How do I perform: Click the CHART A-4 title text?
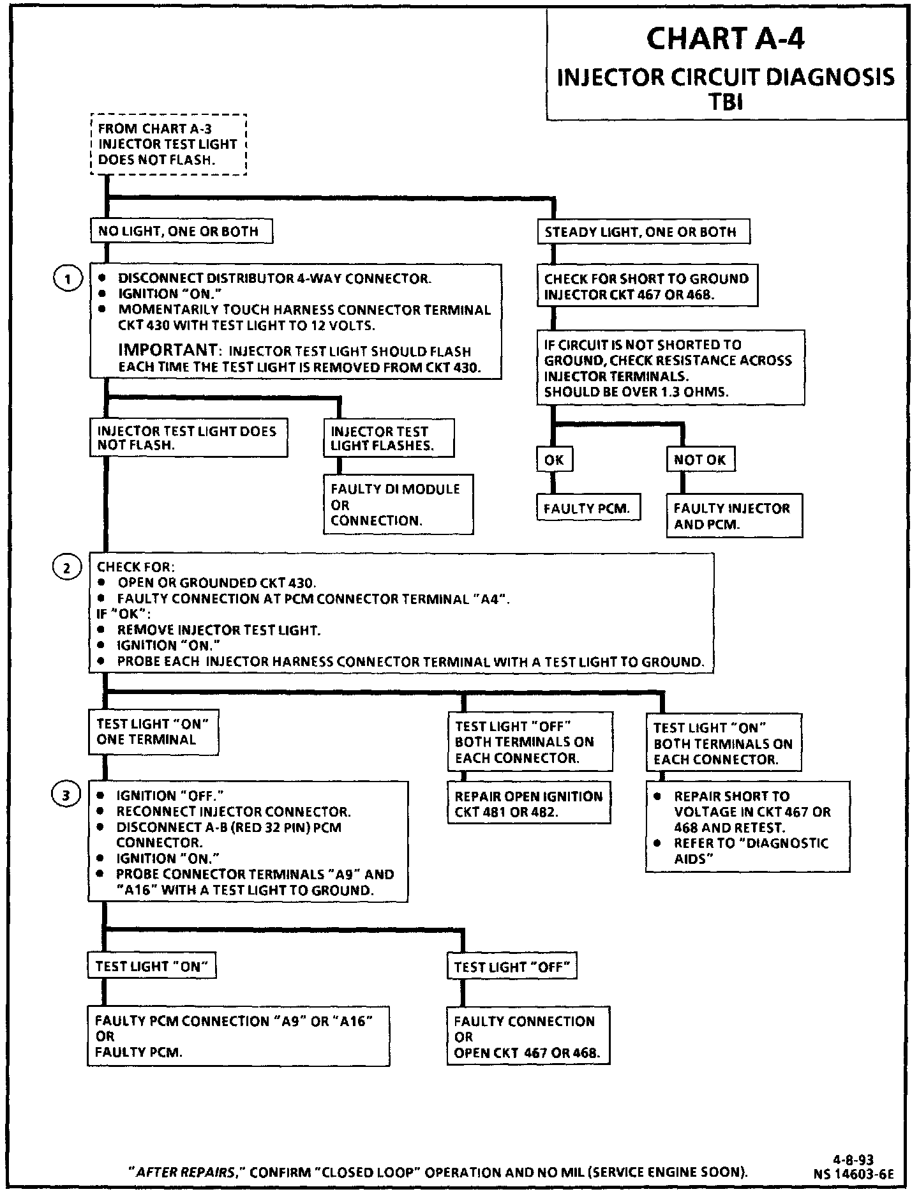pyautogui.click(x=726, y=39)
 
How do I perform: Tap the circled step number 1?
pyautogui.click(x=66, y=279)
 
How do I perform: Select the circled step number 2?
pyautogui.click(x=66, y=568)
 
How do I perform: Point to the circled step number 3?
pyautogui.click(x=66, y=795)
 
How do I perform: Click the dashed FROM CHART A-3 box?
pyautogui.click(x=168, y=144)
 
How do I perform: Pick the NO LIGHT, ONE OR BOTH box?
pyautogui.click(x=181, y=231)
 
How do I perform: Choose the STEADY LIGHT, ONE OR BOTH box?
pyautogui.click(x=643, y=232)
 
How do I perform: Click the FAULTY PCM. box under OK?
pyautogui.click(x=587, y=509)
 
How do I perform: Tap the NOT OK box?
pyautogui.click(x=700, y=460)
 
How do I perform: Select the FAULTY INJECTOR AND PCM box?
pyautogui.click(x=734, y=517)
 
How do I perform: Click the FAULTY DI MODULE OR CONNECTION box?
pyautogui.click(x=398, y=504)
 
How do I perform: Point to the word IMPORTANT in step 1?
pyautogui.click(x=168, y=350)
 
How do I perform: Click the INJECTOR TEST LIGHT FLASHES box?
pyautogui.click(x=389, y=439)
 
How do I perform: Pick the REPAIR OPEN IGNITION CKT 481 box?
pyautogui.click(x=528, y=804)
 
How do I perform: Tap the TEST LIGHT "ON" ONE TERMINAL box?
pyautogui.click(x=153, y=732)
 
